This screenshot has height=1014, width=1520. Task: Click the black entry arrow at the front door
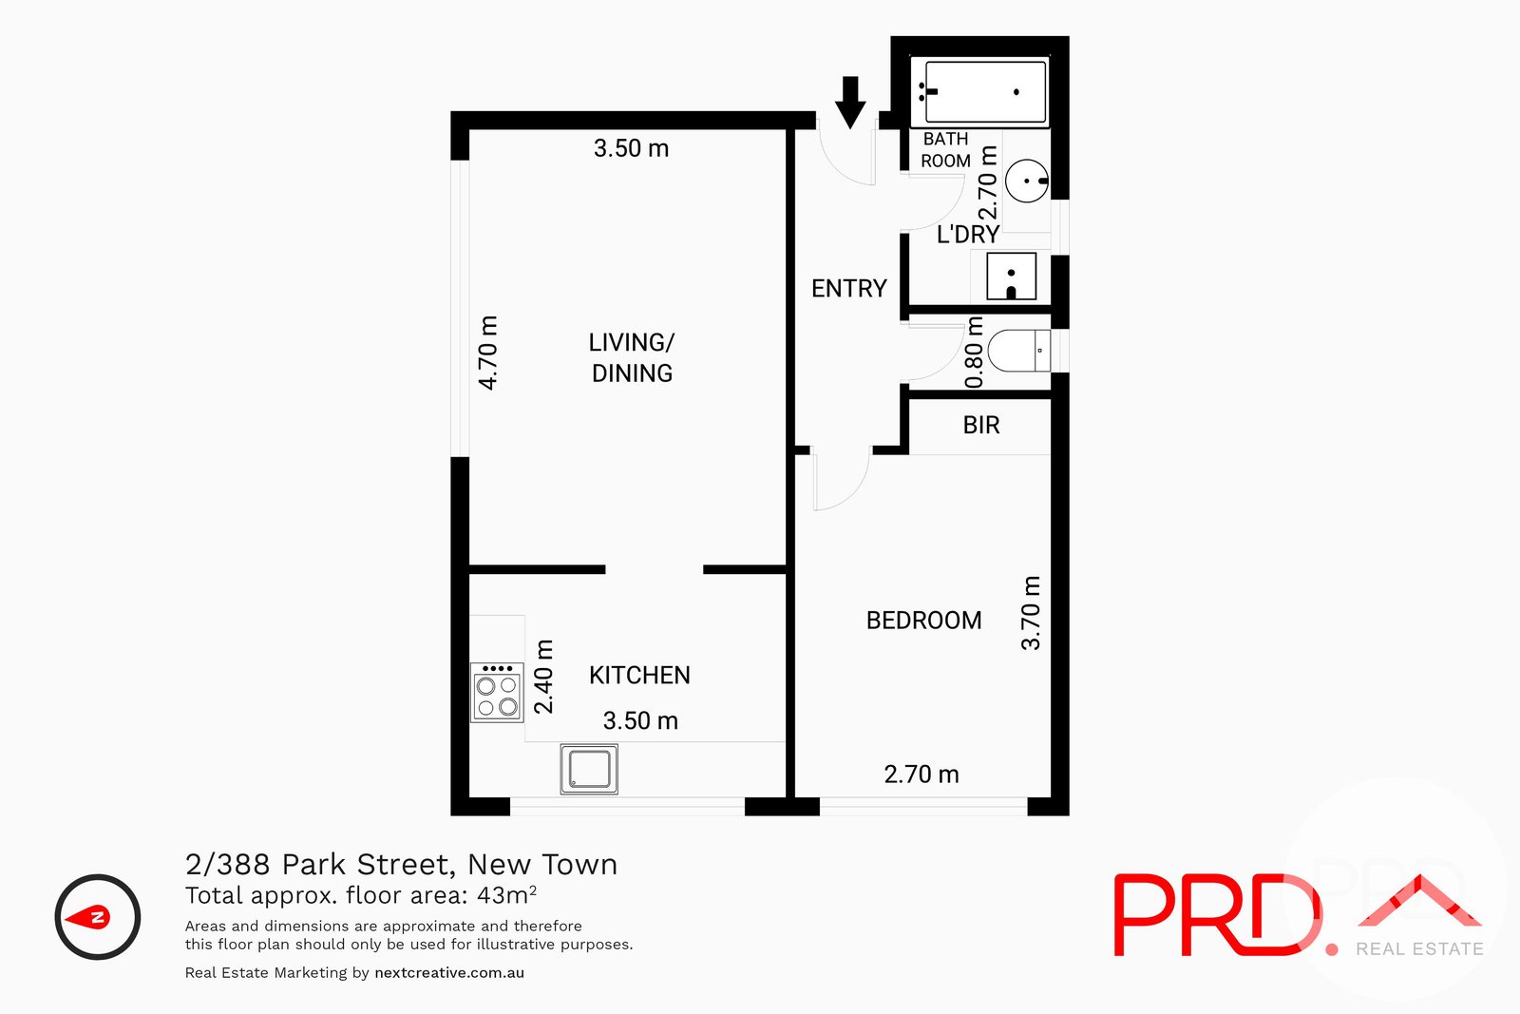[850, 102]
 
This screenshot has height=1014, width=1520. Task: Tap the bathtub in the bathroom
[980, 92]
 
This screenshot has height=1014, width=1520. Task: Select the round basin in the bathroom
[1026, 181]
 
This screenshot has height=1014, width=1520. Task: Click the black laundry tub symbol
[1011, 277]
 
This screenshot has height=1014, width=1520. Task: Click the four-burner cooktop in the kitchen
[497, 693]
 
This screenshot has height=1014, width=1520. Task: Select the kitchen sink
[589, 769]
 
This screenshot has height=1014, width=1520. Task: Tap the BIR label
[981, 425]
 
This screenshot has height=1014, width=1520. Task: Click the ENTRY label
[848, 288]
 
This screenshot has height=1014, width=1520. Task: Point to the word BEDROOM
[923, 621]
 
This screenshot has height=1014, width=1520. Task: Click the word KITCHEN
[639, 676]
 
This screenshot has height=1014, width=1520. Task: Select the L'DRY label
[967, 235]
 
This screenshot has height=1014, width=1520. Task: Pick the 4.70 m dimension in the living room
[487, 353]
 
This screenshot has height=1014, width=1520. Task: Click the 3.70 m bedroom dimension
[1031, 613]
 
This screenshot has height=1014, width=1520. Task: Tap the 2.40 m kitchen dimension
[543, 677]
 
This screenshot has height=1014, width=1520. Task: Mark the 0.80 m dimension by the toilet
[975, 353]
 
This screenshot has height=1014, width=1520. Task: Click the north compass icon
[98, 917]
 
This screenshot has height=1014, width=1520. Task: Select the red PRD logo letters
[1216, 915]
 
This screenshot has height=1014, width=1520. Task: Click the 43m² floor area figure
[506, 895]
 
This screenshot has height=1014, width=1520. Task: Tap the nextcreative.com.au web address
[449, 973]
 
